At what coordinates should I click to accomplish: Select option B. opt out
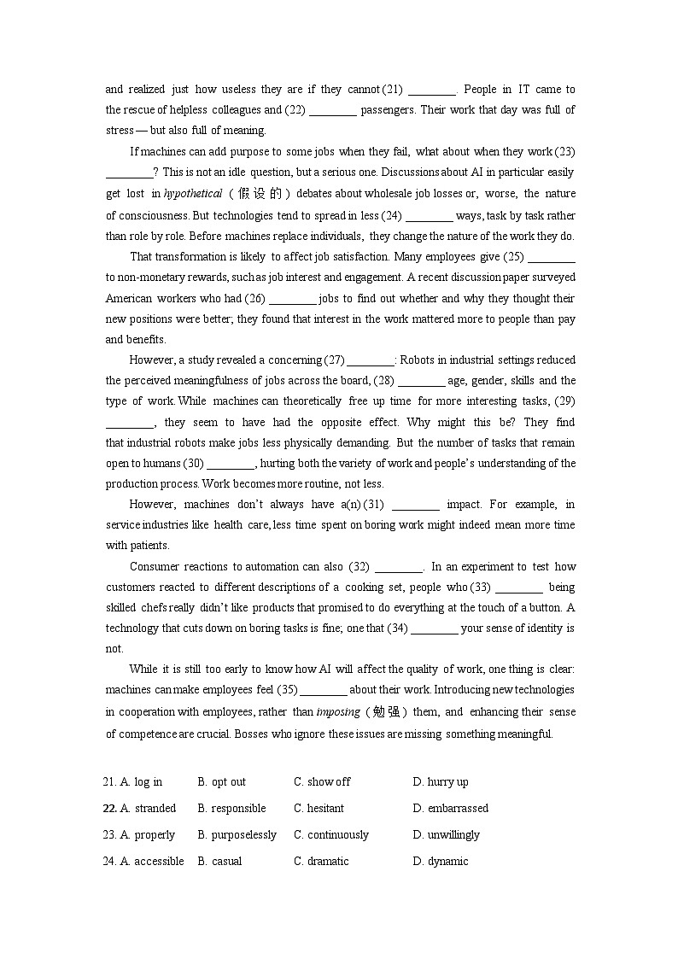pos(221,782)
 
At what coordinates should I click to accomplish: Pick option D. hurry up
pos(440,782)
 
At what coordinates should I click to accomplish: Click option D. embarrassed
pos(450,809)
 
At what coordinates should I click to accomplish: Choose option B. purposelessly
pos(237,835)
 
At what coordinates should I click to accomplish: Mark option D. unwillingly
pos(446,835)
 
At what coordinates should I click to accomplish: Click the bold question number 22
pos(109,809)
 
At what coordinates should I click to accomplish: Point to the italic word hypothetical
pos(193,194)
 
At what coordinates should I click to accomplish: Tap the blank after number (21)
pos(432,90)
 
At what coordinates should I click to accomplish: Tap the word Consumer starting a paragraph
pos(155,567)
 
